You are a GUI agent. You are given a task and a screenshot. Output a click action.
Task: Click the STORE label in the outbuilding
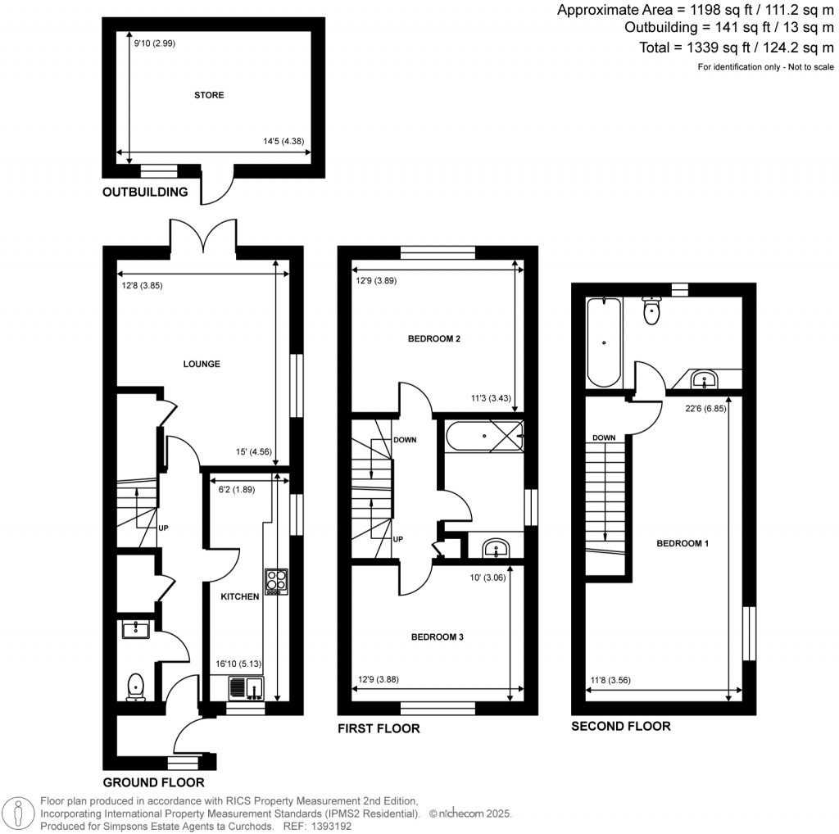209,95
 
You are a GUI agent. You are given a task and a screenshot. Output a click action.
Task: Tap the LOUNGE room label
202,364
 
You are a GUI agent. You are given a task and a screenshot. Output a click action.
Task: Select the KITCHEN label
240,597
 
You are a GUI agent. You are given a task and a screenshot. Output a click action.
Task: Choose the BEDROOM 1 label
683,543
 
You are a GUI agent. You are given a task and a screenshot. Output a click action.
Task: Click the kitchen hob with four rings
275,581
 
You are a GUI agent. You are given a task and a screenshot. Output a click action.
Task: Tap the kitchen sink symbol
245,687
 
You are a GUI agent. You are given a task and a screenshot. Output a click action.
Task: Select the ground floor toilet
135,687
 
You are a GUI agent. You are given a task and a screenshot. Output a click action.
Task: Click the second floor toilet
652,311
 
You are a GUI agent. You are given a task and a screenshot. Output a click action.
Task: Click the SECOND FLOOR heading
620,726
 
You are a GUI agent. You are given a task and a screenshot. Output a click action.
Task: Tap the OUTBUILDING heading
145,193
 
